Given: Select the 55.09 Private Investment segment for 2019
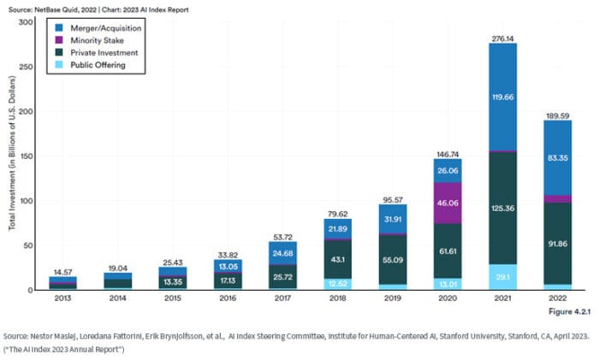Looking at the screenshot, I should pyautogui.click(x=392, y=258).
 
